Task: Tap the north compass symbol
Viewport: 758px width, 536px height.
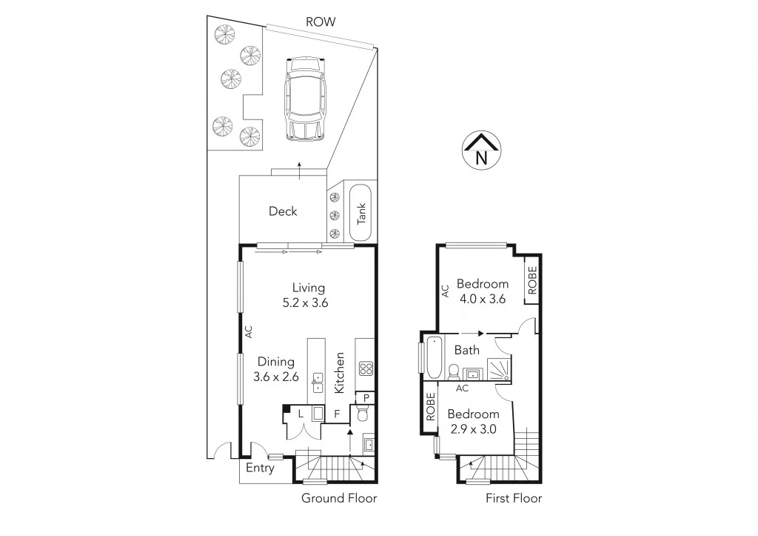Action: (480, 152)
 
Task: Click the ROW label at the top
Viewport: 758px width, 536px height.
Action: (321, 22)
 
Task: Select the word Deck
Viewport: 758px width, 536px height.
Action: (283, 211)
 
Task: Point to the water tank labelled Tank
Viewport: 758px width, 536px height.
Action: (361, 212)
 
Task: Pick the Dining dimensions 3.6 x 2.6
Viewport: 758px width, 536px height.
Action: (276, 377)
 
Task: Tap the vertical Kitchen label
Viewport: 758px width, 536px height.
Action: (340, 372)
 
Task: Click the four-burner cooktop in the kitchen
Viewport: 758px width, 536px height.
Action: (365, 368)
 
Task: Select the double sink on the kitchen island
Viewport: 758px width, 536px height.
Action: (317, 382)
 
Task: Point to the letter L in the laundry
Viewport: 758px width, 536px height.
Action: (301, 414)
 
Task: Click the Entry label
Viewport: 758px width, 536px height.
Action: (260, 469)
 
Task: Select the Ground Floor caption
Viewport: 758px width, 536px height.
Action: (339, 498)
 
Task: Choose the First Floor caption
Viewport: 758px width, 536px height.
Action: (514, 498)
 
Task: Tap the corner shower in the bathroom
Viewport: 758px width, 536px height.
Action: (499, 365)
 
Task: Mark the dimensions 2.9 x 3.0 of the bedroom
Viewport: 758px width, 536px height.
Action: (473, 429)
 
